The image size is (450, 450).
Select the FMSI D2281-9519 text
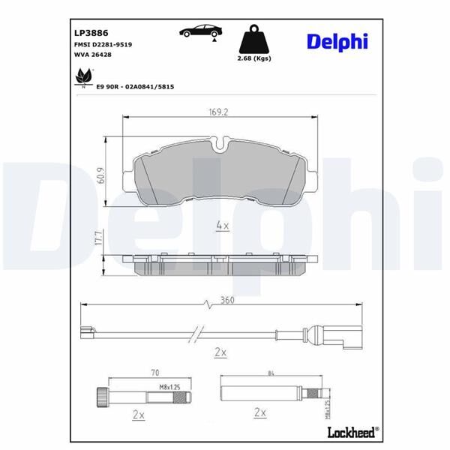103,46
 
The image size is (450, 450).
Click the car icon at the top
200,31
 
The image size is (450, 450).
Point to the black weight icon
253,39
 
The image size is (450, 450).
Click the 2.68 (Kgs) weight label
253,58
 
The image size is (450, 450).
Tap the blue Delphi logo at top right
337,41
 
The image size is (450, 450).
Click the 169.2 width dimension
218,113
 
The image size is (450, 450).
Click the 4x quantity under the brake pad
222,224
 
